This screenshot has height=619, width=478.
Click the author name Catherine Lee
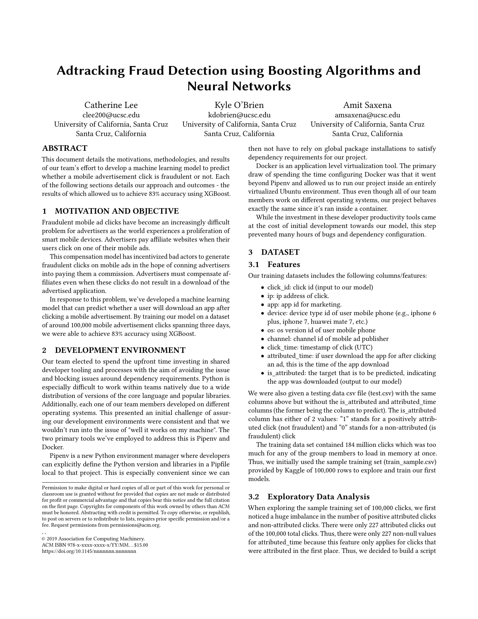[111, 105]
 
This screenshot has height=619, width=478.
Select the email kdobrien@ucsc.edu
[239, 115]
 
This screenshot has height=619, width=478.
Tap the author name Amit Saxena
[367, 105]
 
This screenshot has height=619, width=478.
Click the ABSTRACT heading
[65, 148]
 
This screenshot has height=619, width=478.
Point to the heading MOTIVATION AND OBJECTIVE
[117, 211]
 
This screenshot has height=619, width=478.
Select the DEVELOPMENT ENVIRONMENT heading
[120, 350]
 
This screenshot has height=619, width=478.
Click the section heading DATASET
[280, 252]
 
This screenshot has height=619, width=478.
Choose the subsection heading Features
[284, 264]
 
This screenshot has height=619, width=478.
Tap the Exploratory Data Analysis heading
[319, 497]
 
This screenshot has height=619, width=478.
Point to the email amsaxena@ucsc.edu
[367, 115]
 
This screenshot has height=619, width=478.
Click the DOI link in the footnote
[89, 551]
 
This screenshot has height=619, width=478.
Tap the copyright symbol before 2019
[44, 539]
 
